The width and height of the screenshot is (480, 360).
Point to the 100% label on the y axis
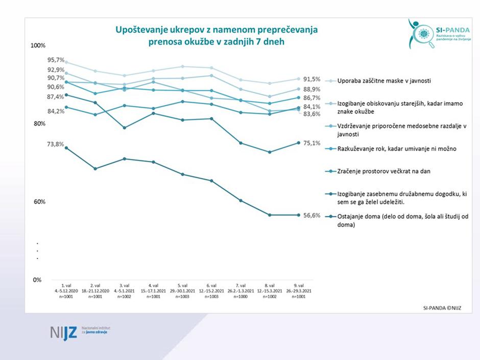(39, 46)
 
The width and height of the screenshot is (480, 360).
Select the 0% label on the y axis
(38, 280)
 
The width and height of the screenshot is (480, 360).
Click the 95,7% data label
(56, 60)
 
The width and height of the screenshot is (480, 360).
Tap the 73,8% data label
(56, 145)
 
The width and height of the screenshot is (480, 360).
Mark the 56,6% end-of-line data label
(311, 215)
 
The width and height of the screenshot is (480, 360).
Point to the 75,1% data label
(311, 143)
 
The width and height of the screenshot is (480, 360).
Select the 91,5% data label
(311, 79)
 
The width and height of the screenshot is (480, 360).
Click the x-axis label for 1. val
(66, 290)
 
